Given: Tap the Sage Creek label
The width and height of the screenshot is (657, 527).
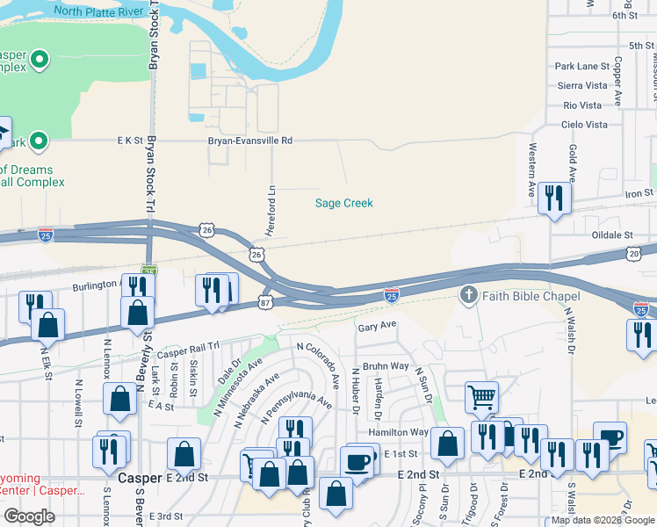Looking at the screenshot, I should [344, 203].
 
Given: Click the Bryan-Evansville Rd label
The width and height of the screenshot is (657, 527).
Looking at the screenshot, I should [249, 140].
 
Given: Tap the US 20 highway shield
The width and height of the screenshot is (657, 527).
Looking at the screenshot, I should [635, 253].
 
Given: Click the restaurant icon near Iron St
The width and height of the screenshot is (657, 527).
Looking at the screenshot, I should [553, 198].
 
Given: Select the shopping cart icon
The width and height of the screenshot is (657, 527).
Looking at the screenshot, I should [480, 396].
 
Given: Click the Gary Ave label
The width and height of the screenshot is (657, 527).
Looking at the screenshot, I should [378, 326].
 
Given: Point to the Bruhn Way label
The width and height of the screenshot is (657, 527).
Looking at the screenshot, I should [387, 365].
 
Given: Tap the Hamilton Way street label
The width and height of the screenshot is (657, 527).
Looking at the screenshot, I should [399, 432].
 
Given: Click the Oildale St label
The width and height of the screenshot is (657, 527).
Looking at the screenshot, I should [612, 235].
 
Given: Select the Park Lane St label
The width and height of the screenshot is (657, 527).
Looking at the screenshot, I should [581, 67].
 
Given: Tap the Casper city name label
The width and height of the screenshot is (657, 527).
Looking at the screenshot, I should [140, 477].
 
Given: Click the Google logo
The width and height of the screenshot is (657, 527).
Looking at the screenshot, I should [29, 516].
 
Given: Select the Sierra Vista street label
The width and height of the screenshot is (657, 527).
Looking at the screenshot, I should [582, 86].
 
